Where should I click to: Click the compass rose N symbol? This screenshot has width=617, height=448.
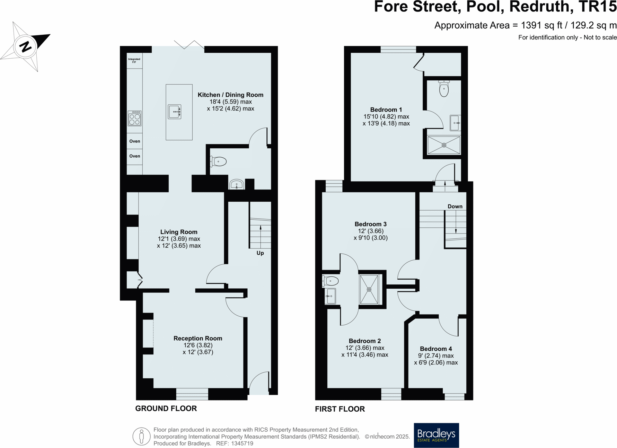25,46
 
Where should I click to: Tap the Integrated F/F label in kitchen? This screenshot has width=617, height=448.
134,61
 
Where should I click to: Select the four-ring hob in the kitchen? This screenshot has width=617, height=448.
134,118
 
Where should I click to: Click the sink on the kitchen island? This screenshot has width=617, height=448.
175,112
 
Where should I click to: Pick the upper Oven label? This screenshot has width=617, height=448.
134,141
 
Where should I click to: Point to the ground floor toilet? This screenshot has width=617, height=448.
219,161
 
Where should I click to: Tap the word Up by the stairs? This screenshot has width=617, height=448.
260,253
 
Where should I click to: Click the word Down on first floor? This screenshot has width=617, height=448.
455,206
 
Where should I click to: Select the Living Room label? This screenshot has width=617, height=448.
179,232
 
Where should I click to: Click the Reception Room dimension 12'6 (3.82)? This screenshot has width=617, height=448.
198,345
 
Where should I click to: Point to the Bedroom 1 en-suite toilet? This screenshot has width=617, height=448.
444,89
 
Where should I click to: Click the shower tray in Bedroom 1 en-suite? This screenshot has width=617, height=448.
444,145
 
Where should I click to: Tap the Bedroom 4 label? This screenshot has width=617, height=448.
436,349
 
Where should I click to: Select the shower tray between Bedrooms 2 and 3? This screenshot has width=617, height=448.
369,289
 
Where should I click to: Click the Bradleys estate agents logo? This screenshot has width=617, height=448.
436,435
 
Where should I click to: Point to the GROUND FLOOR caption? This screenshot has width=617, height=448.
166,408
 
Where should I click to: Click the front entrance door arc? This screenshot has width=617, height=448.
258,383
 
